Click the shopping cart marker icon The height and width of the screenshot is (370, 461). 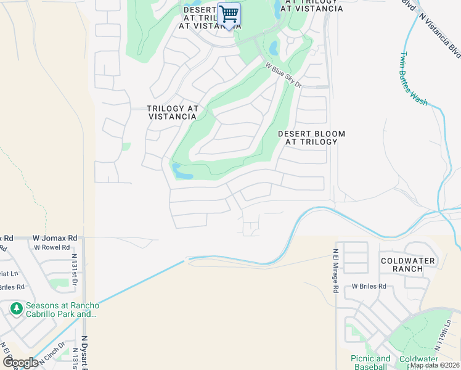229,14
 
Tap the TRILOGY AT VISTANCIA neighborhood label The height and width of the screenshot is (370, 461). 173,112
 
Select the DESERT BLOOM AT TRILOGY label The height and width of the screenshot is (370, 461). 311,138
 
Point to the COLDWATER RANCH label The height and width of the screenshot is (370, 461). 407,265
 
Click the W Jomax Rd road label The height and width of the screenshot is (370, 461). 55,237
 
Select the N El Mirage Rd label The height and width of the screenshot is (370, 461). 336,271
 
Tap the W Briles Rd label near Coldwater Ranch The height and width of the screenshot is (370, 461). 369,286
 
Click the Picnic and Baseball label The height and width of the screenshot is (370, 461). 370,362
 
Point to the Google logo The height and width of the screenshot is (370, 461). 20,362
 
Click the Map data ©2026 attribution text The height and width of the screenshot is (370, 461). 434,365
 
